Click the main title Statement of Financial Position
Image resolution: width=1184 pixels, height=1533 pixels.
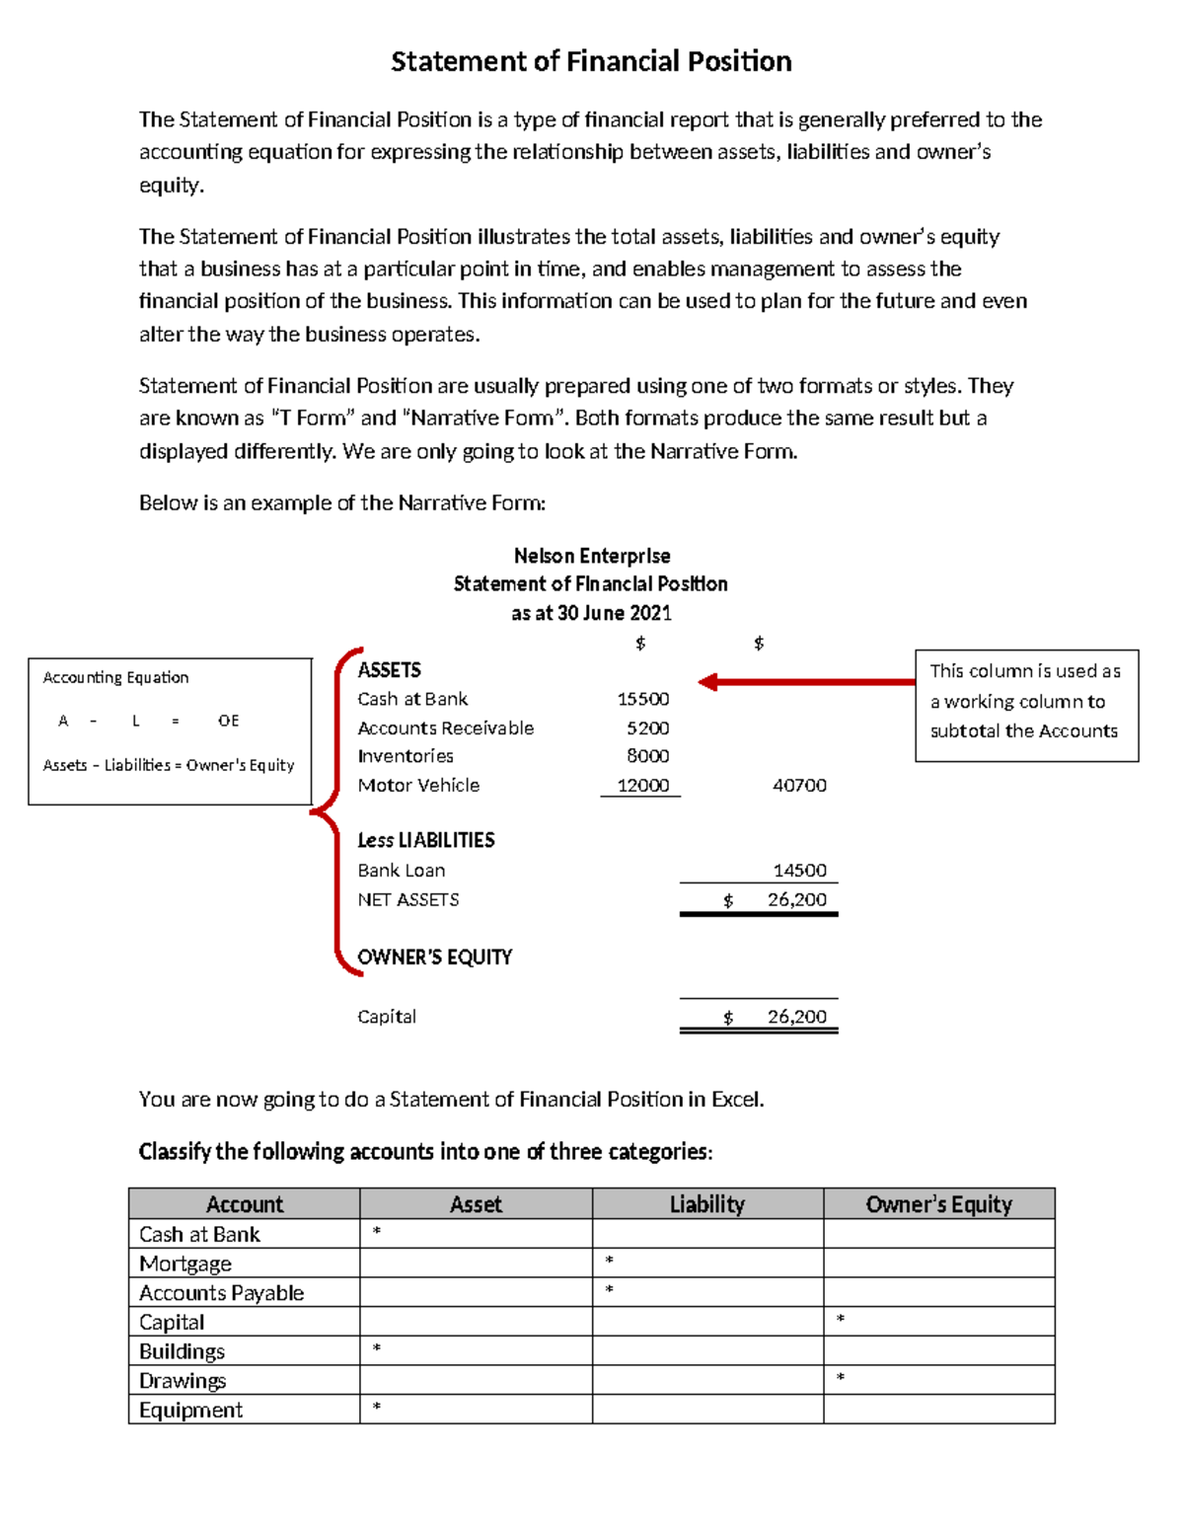591,62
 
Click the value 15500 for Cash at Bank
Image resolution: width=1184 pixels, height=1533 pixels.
642,699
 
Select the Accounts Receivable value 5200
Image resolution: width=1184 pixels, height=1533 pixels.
647,728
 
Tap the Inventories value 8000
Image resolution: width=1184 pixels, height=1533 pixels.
647,756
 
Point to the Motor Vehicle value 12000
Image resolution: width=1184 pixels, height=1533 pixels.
642,786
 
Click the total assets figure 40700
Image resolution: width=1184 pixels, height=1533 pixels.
799,786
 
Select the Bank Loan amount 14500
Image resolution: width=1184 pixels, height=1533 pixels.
799,871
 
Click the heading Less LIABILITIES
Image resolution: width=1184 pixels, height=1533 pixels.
426,840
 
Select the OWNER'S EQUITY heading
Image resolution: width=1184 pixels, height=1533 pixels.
434,958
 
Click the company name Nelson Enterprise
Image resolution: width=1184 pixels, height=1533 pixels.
592,556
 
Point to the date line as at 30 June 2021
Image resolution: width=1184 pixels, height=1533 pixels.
591,613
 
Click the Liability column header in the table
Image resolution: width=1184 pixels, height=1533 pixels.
706,1204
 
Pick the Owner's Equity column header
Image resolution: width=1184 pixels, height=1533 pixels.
938,1204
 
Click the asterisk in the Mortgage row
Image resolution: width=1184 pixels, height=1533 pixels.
609,1262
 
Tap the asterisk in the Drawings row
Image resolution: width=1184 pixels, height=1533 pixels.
841,1378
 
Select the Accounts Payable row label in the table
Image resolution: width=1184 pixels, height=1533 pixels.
221,1293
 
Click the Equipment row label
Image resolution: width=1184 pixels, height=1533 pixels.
190,1410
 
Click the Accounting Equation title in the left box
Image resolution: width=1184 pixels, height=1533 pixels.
115,678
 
